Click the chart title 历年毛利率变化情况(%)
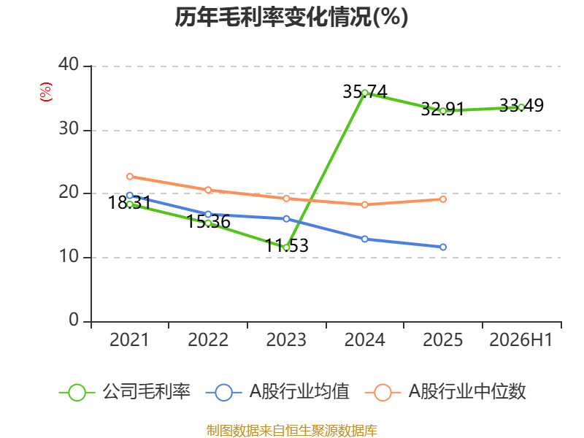(x=291, y=17)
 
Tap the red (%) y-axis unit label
(x=46, y=92)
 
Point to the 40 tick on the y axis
(x=69, y=64)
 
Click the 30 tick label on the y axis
(x=69, y=129)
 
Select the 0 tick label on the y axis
(x=74, y=320)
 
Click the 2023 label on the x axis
(x=286, y=339)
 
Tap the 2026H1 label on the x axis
(x=520, y=339)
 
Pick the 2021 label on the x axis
(x=129, y=339)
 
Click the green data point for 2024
(x=364, y=93)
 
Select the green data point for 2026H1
(x=521, y=107)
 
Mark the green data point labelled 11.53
(x=286, y=247)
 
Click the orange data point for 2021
(x=130, y=176)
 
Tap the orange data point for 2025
(x=443, y=199)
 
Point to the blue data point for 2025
(x=443, y=247)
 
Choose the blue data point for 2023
(x=286, y=219)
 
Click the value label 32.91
(x=442, y=109)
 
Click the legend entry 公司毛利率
(x=125, y=392)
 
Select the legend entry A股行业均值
(x=277, y=392)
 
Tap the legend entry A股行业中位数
(x=445, y=392)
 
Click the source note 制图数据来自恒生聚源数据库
(x=292, y=431)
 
